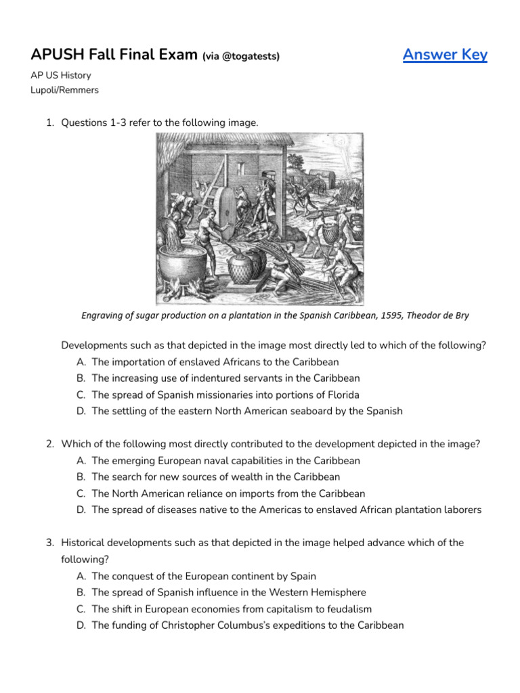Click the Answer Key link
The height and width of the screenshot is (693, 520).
point(445,55)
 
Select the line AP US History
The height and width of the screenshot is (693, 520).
point(61,76)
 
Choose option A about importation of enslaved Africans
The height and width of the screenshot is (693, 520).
point(215,362)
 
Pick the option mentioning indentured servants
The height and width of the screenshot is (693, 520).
point(225,378)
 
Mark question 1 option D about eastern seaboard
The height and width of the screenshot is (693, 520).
point(246,411)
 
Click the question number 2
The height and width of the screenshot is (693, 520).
point(50,444)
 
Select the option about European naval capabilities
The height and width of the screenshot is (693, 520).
point(225,460)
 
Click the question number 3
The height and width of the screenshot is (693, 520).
point(50,543)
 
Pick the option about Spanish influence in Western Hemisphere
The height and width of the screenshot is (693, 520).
point(228,592)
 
